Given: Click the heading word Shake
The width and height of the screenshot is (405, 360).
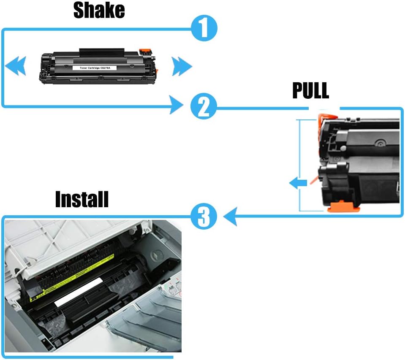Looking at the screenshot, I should coord(99,10).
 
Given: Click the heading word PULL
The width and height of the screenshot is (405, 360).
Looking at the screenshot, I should coord(310,91).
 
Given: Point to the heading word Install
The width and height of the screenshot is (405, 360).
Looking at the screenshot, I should coord(82,200).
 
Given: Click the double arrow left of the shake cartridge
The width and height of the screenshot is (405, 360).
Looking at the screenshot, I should coord(16,66).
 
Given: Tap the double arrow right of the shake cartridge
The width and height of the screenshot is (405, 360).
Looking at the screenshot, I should coord(182,66).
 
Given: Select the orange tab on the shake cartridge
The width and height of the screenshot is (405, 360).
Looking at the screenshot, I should coord(145,51).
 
